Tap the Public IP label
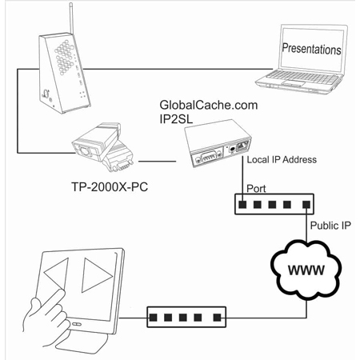click(x=329, y=226)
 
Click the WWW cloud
click(x=307, y=270)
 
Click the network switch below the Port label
click(x=272, y=206)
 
